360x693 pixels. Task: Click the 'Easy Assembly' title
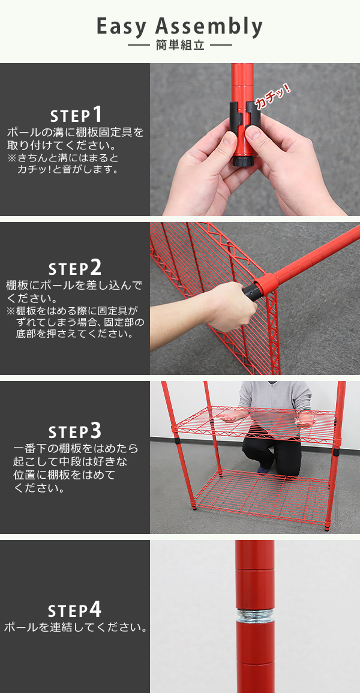[179, 27]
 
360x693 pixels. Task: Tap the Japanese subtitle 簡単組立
[180, 46]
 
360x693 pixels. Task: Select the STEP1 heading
[76, 115]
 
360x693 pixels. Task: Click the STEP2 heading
[74, 268]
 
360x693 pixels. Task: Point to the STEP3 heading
[74, 431]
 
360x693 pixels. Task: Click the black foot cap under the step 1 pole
[243, 160]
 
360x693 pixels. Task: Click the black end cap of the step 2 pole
[251, 292]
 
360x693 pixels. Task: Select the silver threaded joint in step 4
[255, 615]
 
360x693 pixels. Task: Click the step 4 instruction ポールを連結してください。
[75, 628]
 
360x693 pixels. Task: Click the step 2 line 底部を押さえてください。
[74, 333]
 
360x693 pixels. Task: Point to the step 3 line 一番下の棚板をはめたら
[76, 449]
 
